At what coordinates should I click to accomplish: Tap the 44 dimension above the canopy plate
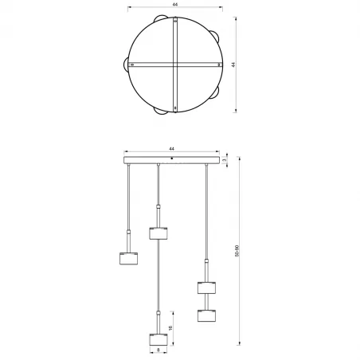[171, 148]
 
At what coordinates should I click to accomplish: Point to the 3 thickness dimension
[226, 161]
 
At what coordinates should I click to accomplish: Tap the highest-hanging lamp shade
[159, 233]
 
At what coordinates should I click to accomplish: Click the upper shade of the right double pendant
[207, 288]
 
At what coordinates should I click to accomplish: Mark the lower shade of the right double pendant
[207, 314]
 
